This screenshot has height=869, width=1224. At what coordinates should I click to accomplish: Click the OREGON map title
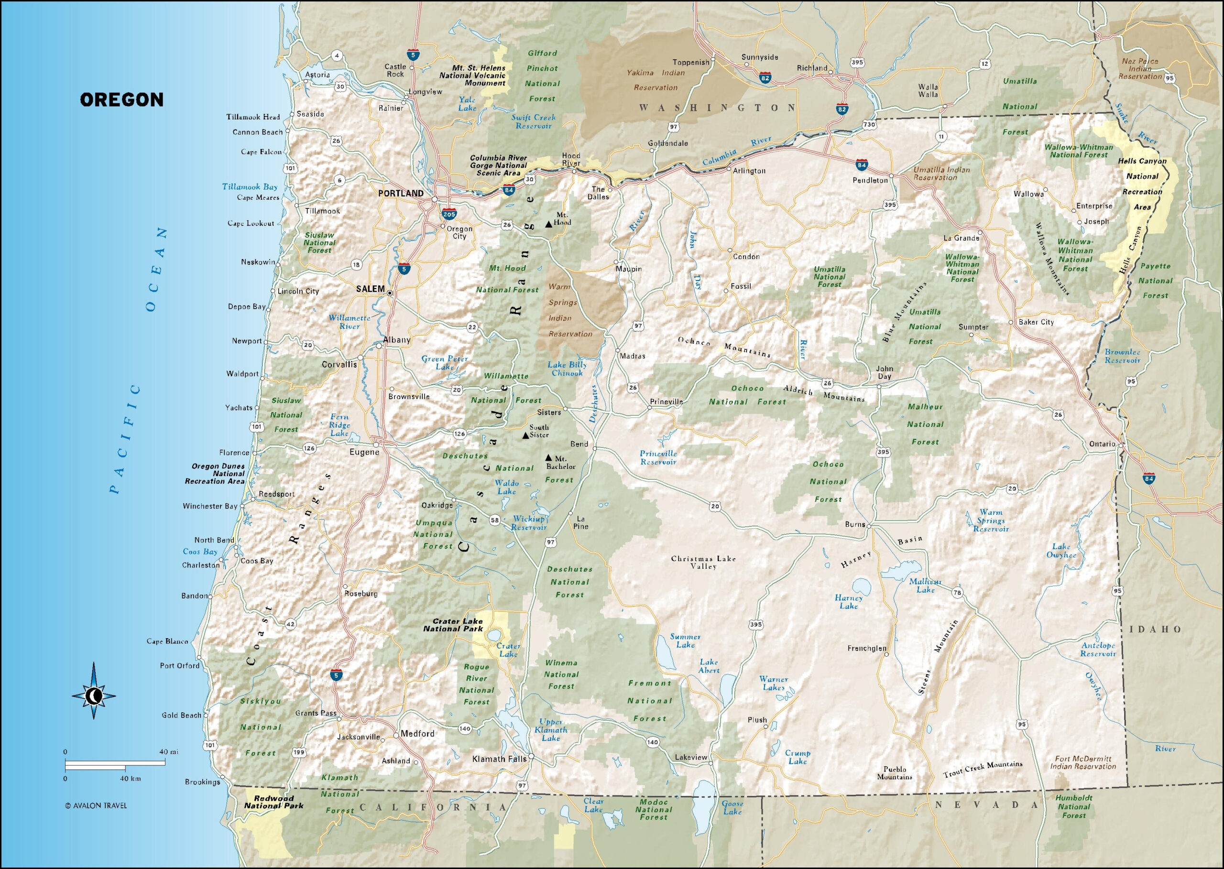[121, 99]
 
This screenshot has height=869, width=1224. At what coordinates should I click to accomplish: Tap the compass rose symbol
[94, 696]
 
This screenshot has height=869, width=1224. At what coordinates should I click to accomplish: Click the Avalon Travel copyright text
[96, 805]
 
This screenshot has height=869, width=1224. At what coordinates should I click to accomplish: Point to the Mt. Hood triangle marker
[548, 224]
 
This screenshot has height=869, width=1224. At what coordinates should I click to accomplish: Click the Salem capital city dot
[390, 293]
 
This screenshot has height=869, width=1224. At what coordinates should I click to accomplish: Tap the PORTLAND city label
[400, 193]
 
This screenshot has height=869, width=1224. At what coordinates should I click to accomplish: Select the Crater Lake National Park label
[453, 625]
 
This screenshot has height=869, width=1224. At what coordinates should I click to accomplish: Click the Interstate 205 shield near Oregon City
[448, 214]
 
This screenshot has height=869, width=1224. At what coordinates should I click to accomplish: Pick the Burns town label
[855, 524]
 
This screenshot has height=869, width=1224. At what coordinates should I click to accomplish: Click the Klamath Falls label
[496, 759]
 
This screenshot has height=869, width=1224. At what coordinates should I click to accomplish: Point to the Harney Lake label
[848, 602]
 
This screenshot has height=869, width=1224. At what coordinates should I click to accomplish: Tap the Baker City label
[1036, 322]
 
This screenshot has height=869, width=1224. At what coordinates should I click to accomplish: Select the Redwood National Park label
[273, 802]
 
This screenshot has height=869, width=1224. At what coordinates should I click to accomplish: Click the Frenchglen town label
[866, 648]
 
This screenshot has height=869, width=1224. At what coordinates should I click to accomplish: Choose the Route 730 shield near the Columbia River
[869, 124]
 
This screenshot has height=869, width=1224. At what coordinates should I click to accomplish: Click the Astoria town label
[317, 75]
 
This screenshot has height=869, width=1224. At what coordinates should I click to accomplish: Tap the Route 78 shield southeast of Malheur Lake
[957, 592]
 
